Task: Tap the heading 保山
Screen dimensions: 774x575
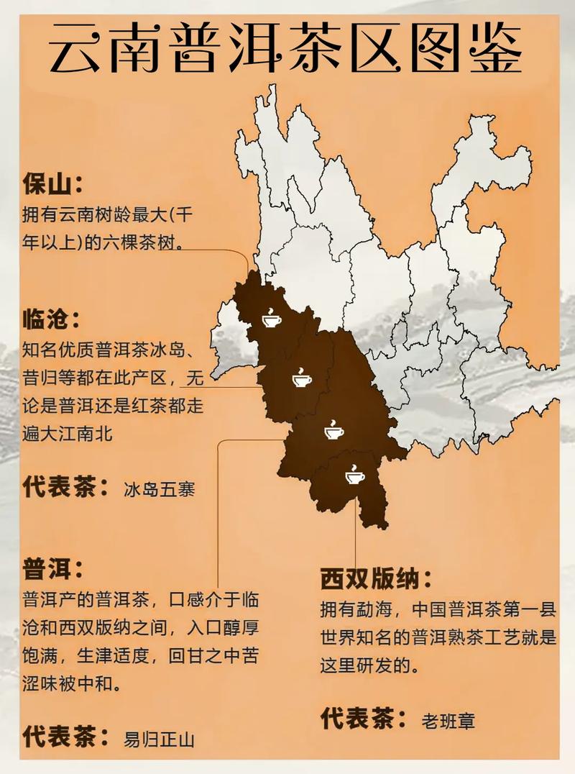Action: [48, 184]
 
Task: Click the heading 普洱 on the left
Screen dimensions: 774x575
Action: [48, 569]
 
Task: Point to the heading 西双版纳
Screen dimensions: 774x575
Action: [374, 578]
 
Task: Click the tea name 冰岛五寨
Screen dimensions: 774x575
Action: [159, 489]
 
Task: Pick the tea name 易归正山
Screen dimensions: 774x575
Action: [159, 739]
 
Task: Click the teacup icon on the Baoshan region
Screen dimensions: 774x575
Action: [272, 317]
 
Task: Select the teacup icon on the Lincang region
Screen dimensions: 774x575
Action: [301, 377]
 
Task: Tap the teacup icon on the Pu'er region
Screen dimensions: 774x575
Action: [333, 431]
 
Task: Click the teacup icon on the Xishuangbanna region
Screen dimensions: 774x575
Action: [354, 475]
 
